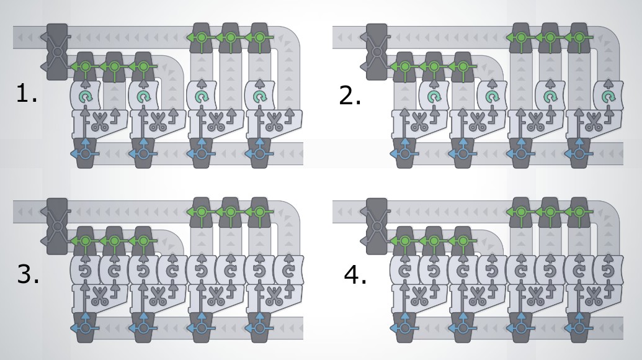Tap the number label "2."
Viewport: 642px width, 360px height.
click(350, 96)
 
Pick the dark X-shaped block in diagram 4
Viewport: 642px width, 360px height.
click(376, 226)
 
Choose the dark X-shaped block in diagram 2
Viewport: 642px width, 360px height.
click(376, 52)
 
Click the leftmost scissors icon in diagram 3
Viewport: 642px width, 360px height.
click(99, 296)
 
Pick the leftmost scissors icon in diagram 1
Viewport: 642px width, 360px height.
click(99, 121)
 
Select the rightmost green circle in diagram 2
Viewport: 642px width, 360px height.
click(579, 37)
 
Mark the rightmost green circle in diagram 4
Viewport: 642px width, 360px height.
click(579, 212)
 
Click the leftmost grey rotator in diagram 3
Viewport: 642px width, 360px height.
click(85, 271)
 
